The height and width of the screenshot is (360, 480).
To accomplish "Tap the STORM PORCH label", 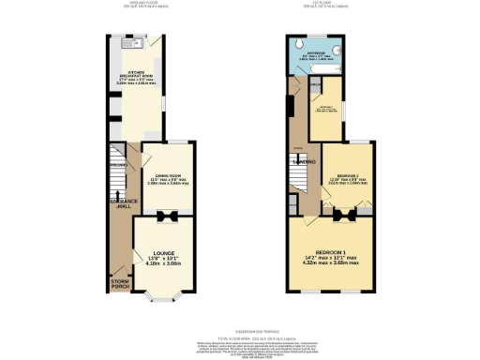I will (x=121, y=284).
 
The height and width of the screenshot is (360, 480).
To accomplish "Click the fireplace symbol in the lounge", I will (x=165, y=217).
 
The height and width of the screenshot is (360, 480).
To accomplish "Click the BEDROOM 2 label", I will (x=346, y=173).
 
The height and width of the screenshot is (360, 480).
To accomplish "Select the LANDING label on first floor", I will (x=305, y=162).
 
